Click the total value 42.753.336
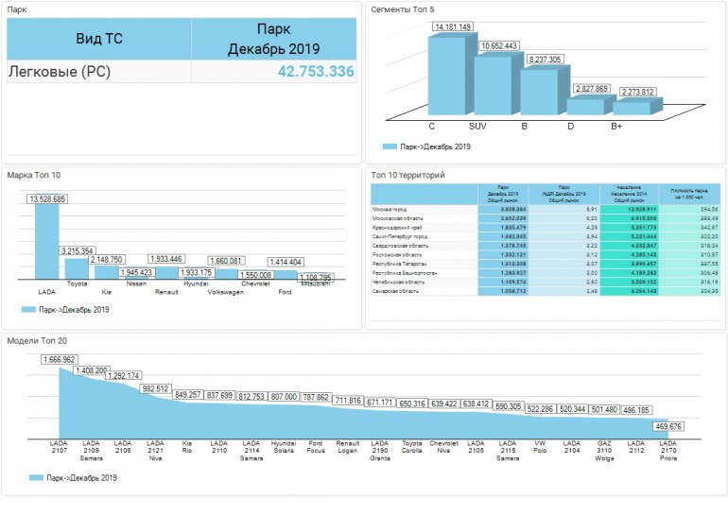(316, 72)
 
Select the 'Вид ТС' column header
(99, 40)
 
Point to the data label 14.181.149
(453, 26)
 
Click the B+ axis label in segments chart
(616, 125)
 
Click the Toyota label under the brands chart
(77, 283)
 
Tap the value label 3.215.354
(76, 250)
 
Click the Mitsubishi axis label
(315, 283)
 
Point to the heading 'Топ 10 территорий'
(407, 175)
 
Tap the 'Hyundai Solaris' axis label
(284, 446)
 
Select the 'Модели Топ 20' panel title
(37, 340)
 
